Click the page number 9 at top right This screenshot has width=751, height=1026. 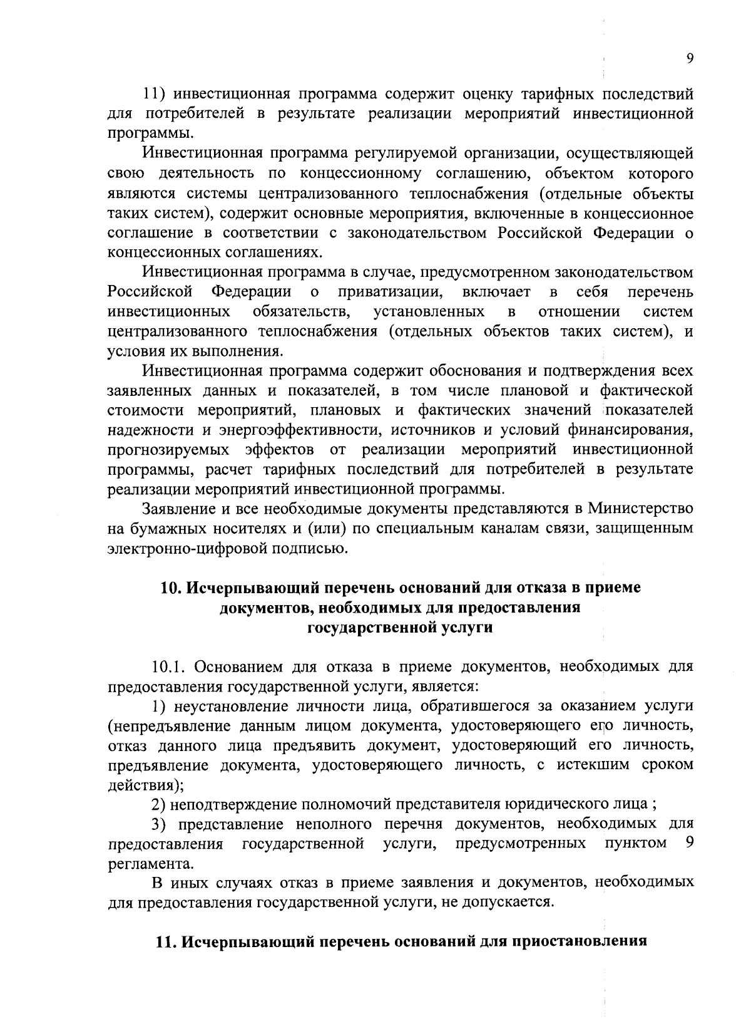click(x=689, y=58)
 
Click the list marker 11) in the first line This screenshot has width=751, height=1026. click(x=155, y=95)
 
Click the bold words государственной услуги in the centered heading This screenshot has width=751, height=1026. click(x=400, y=628)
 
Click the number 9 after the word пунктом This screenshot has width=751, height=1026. click(x=688, y=843)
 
